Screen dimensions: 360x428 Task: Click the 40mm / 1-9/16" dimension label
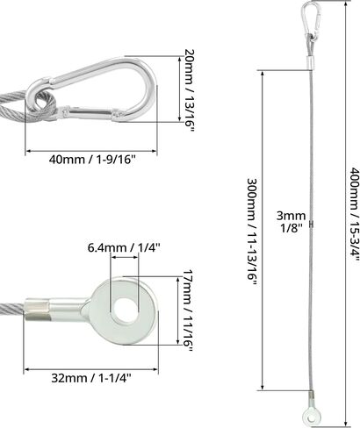click(92, 160)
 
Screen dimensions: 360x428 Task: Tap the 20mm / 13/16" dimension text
click(190, 90)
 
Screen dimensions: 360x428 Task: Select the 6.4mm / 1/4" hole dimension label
click(124, 239)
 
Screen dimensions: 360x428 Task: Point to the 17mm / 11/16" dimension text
click(188, 310)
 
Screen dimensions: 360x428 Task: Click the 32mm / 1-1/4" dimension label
click(91, 378)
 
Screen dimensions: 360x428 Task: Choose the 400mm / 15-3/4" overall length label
click(354, 215)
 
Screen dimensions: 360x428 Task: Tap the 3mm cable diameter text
click(292, 216)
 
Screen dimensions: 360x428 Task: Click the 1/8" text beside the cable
click(292, 228)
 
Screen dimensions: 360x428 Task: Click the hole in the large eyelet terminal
click(125, 310)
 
